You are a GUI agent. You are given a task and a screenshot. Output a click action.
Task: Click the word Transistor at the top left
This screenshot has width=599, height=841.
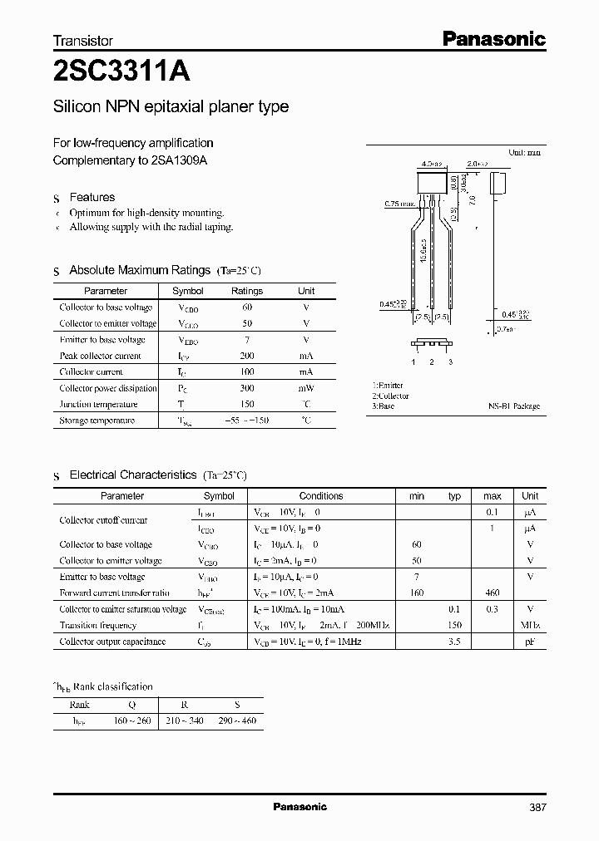(82, 40)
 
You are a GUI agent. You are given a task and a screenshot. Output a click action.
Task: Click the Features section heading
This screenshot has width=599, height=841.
(92, 197)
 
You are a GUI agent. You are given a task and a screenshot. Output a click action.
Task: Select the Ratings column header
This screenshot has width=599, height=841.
(246, 291)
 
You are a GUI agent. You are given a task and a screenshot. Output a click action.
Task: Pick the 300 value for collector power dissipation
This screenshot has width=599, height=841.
(246, 388)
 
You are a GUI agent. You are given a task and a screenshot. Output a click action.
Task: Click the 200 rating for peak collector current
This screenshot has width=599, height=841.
(246, 356)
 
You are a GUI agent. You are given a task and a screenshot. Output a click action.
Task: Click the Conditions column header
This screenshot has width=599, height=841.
(321, 495)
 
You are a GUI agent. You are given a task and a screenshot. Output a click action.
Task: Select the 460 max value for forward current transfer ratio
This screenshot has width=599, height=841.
(492, 593)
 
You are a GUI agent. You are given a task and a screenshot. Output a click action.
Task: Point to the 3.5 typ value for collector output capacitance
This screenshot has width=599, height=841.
(454, 642)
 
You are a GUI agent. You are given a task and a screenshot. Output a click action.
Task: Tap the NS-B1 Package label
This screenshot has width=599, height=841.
(513, 406)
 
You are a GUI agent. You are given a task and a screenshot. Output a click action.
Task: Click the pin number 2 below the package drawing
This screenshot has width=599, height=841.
(432, 361)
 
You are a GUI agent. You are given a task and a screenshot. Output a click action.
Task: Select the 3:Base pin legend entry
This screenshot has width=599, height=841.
(384, 406)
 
